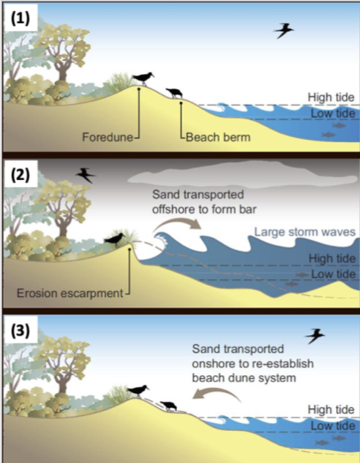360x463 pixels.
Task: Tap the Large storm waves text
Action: pos(304,231)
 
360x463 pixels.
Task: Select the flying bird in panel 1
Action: pos(283,31)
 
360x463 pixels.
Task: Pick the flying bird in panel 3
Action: pos(315,336)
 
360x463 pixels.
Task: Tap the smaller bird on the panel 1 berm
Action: pos(176,92)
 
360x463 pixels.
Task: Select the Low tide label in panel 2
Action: pos(332,275)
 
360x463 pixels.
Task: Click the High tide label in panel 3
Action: pos(331,410)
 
